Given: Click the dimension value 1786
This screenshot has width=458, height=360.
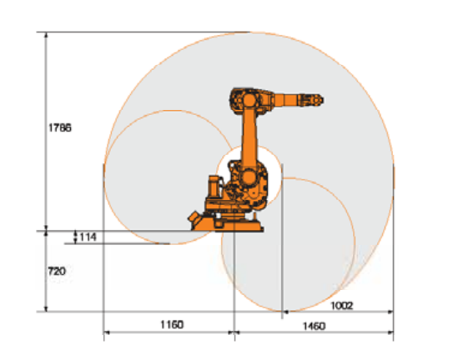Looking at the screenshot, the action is (x=60, y=127).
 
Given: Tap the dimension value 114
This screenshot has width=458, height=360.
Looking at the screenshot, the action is (x=88, y=237).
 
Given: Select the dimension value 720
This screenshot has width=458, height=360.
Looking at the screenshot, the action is (x=57, y=272).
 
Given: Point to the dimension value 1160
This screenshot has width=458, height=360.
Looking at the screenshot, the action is (x=172, y=324).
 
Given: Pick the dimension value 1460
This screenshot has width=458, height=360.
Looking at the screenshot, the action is (x=314, y=326).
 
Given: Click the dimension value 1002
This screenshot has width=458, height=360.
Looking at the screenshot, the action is (x=342, y=306).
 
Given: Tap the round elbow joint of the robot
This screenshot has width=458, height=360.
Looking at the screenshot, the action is (x=249, y=100).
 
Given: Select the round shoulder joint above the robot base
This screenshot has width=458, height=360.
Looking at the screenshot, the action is (x=249, y=177).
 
